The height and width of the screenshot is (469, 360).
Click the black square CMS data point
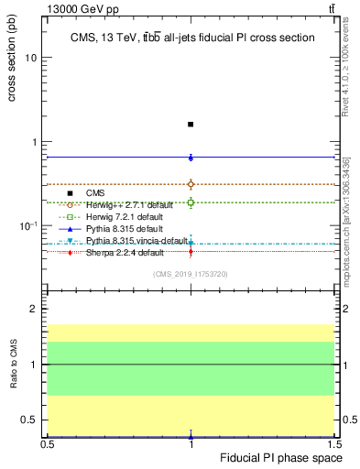point(191,124)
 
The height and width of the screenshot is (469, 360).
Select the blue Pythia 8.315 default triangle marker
point(191,158)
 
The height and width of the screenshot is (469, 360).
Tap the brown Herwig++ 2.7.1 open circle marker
point(191,184)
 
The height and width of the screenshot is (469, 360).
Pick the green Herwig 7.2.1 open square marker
point(191,202)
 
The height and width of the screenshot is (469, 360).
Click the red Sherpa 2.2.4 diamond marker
point(191,251)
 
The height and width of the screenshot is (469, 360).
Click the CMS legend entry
point(95,193)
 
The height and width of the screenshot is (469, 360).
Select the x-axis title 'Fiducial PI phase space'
point(288,457)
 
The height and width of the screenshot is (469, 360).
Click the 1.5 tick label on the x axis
point(335,443)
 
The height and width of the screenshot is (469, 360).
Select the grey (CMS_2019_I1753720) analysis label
point(191,273)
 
